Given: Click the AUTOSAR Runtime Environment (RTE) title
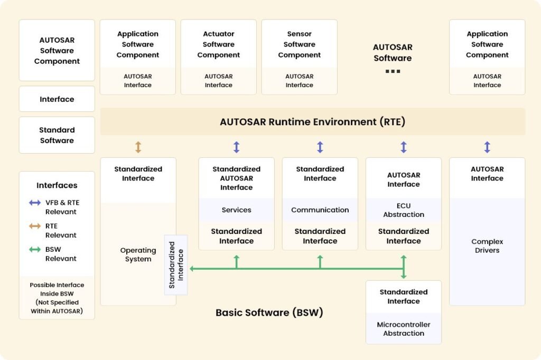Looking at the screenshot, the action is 313,122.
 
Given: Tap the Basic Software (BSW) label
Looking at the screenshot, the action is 269,312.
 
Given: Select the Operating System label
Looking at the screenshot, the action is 138,254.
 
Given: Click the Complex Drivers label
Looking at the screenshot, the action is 487,246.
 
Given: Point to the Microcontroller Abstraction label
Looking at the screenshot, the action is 403,329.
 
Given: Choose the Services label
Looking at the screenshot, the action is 236,210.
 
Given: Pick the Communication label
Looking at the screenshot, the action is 320,210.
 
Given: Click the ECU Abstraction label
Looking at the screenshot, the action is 403,210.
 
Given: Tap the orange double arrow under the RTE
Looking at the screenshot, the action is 138,147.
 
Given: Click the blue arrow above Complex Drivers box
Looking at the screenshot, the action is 487,147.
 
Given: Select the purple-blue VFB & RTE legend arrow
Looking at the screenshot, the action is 35,203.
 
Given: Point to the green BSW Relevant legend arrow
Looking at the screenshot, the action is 35,249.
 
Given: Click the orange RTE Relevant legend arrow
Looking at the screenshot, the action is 35,226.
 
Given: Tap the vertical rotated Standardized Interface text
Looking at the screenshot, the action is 176,265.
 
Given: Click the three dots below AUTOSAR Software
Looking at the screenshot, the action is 393,71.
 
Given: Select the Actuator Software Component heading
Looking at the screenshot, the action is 218,44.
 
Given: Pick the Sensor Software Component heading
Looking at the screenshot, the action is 299,44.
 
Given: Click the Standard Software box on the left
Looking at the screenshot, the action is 57,135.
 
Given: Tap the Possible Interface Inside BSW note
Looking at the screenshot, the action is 57,298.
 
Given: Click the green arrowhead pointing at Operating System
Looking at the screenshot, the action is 192,268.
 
